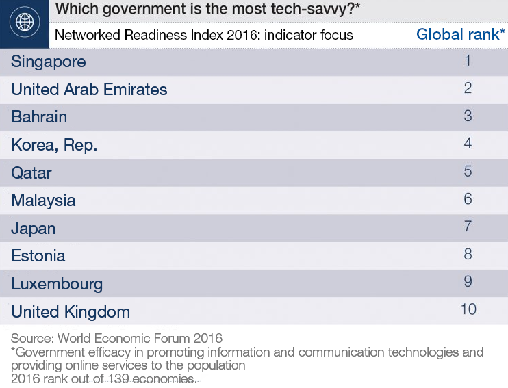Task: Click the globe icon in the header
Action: pos(24,23)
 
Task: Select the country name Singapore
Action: pos(49,62)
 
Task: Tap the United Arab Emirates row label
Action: pos(89,90)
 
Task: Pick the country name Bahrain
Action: pos(39,117)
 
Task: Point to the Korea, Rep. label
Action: pos(54,145)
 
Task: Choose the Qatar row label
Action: pos(31,172)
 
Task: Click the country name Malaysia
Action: pos(43,201)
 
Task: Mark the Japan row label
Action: pos(34,229)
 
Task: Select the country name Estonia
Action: pos(38,256)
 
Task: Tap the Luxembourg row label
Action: pos(57,284)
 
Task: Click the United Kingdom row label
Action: pos(71,312)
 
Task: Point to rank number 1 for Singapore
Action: pos(468,61)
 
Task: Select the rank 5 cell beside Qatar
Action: pos(468,171)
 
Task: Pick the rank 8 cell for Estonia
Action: pos(468,254)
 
